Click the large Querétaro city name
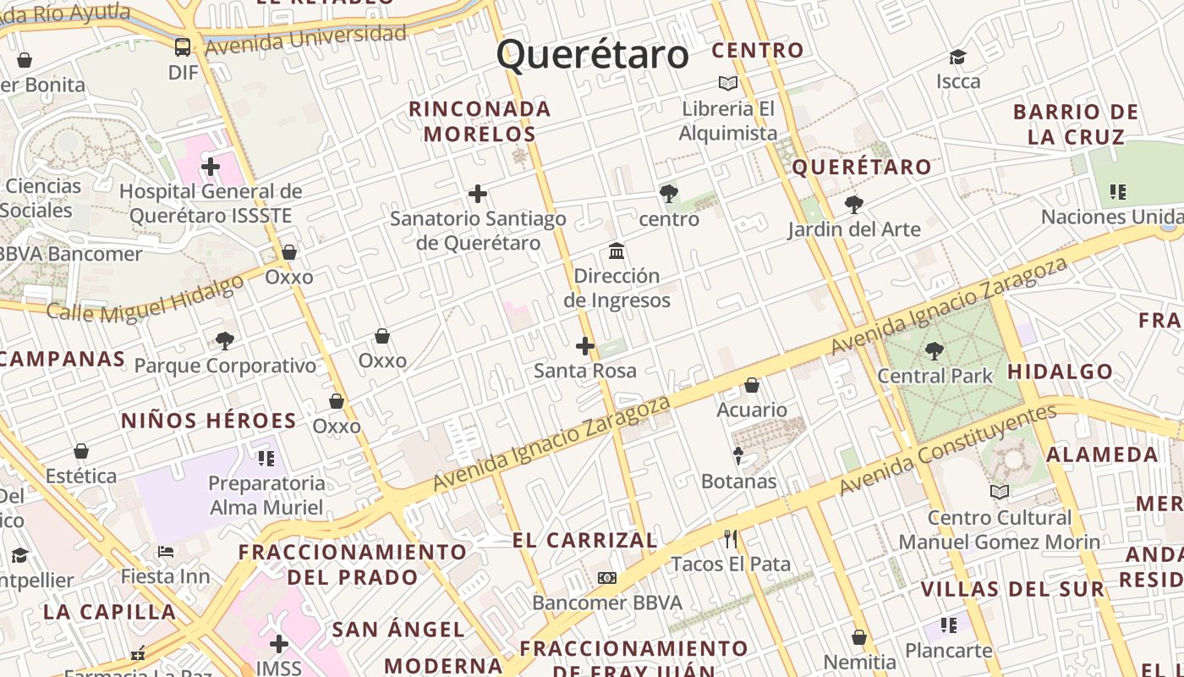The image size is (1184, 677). tap(593, 55)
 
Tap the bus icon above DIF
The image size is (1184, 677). tap(183, 47)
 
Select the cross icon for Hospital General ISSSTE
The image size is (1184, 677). tap(211, 167)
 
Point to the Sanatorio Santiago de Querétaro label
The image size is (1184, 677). tap(478, 231)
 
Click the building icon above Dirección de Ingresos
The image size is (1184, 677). tap(617, 251)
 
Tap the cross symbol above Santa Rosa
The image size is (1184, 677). tap(585, 346)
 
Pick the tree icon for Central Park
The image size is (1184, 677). tap(935, 350)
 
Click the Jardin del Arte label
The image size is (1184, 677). tap(854, 229)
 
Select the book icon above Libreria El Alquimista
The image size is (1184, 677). tap(728, 83)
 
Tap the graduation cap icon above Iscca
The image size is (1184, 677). tap(957, 57)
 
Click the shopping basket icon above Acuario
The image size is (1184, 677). tap(752, 385)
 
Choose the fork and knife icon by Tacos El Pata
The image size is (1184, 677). tap(731, 539)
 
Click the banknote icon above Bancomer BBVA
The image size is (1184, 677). tap(606, 578)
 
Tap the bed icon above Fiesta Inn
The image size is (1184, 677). tap(166, 552)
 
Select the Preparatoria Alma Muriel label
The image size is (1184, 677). tap(267, 495)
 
